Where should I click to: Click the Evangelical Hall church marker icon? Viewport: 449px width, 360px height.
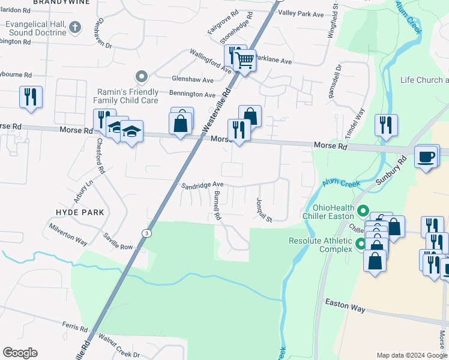point(74,27)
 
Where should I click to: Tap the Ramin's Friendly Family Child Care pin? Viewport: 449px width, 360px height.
point(142,76)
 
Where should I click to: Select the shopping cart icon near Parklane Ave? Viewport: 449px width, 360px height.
point(244,60)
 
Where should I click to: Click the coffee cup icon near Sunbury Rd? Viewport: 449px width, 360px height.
point(426,157)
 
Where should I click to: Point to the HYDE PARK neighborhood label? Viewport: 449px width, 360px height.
point(80,212)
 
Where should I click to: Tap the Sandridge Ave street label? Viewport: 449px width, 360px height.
point(202,185)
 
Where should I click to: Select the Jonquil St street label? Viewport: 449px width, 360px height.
point(264,209)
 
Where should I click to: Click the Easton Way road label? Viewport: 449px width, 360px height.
point(345,305)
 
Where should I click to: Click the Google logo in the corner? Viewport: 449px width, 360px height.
point(20,353)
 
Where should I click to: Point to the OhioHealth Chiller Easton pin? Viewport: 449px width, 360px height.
point(363,211)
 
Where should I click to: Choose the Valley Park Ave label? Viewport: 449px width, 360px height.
point(301,13)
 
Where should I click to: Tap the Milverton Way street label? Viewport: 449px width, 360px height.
point(68,234)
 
